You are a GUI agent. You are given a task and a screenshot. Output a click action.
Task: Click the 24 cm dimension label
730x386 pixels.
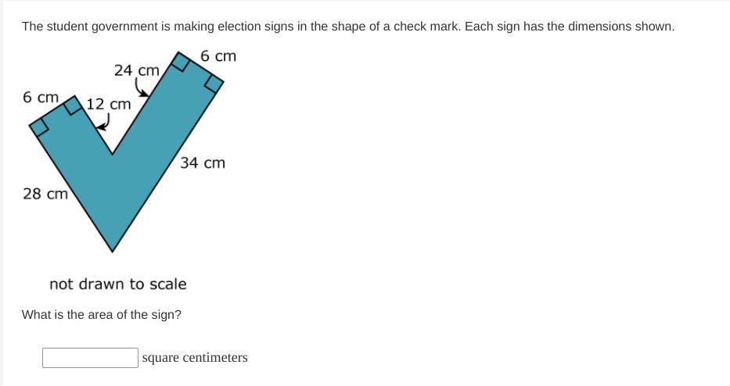click(136, 70)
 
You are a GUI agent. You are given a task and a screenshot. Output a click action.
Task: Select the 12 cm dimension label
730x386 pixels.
click(109, 104)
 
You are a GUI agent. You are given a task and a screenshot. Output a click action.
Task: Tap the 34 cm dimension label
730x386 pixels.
click(203, 163)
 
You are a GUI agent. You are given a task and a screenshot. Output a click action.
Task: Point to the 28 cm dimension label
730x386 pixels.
click(45, 194)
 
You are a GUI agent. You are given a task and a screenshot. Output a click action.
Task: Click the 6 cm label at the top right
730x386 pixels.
click(218, 55)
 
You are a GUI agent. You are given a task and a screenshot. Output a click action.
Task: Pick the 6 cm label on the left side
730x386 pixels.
click(41, 97)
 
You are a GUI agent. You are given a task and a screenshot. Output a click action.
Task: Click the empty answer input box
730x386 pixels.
click(90, 358)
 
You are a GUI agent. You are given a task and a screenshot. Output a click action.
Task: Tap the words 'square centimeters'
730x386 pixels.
click(195, 358)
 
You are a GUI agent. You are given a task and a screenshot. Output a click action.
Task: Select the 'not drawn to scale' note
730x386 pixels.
click(118, 284)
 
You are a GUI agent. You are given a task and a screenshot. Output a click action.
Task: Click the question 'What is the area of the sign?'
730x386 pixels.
click(102, 315)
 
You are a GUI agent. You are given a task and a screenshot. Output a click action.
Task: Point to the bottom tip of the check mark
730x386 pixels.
click(112, 252)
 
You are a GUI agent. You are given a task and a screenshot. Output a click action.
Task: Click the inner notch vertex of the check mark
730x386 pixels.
click(112, 153)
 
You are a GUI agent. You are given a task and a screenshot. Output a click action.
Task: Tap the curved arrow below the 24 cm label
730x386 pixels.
click(142, 88)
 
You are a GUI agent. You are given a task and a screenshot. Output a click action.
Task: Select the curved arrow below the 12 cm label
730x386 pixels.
click(104, 122)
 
